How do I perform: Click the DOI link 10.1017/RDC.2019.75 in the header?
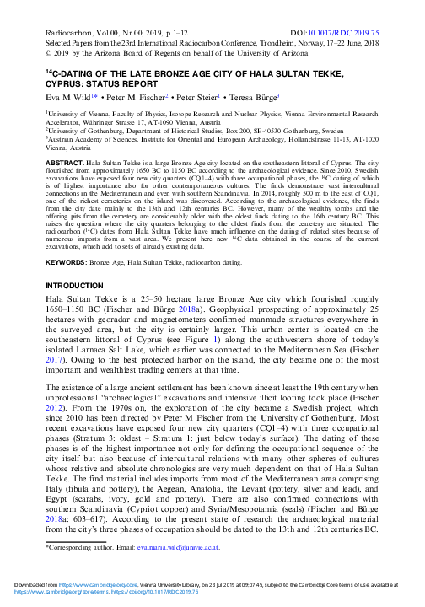381,30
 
